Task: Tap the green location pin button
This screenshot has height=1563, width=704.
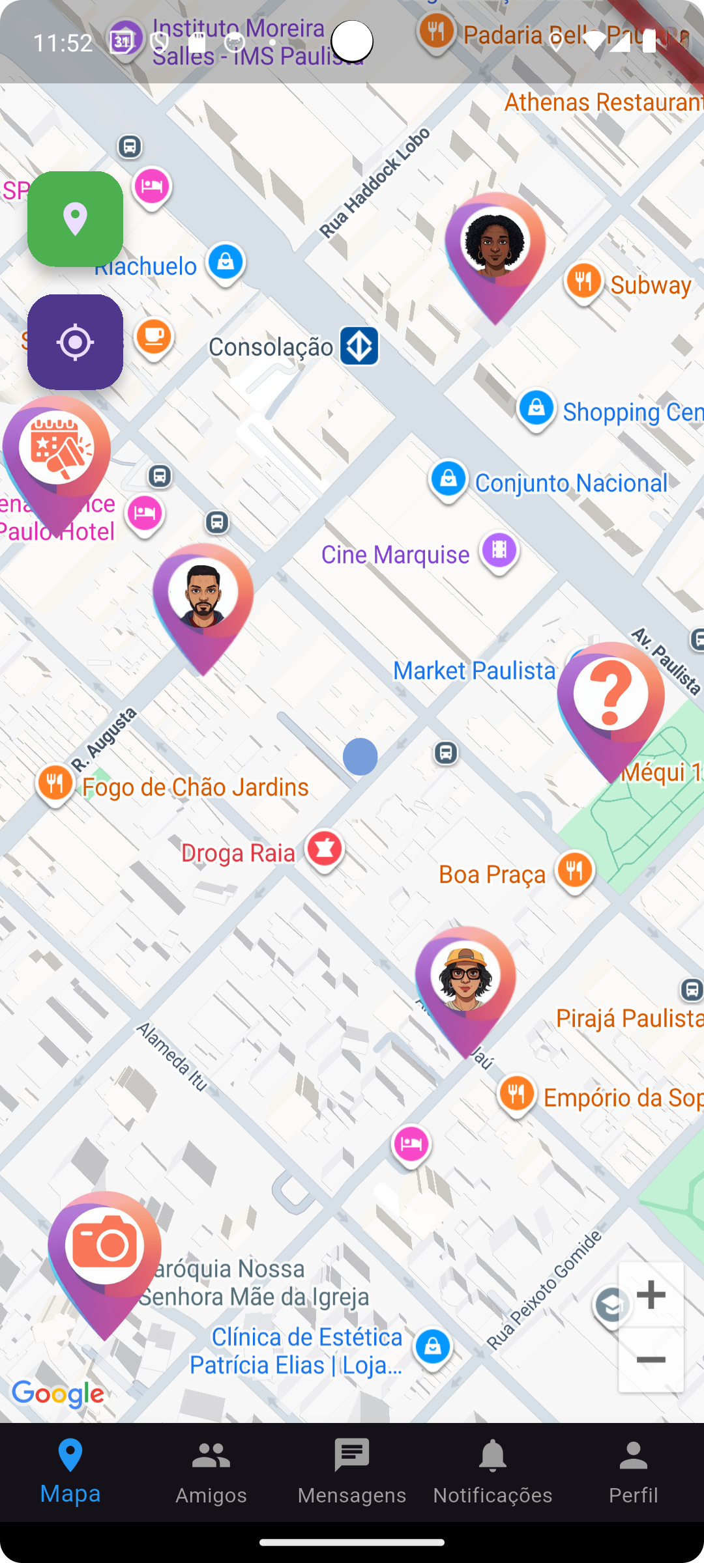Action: pos(75,219)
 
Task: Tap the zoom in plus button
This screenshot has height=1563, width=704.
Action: pos(651,1294)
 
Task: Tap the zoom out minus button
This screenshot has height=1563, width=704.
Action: pos(651,1359)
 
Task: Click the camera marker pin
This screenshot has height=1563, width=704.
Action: pos(104,1247)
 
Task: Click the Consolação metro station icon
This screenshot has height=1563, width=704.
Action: pos(359,346)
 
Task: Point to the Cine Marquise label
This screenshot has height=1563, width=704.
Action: pos(395,555)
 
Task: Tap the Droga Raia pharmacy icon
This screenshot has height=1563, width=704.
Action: pos(325,849)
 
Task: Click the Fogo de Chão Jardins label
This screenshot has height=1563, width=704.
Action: pos(195,787)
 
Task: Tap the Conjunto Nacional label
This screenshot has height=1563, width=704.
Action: pos(571,483)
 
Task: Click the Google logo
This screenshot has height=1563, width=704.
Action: pos(58,1394)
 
